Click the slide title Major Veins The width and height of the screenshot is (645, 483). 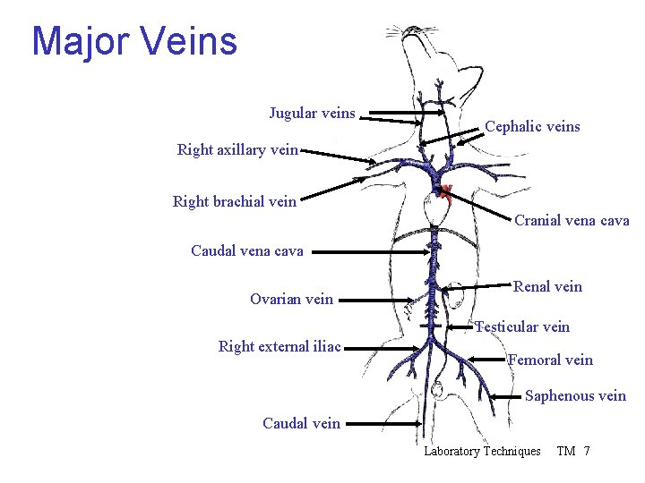click(134, 41)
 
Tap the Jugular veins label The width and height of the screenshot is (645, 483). click(312, 114)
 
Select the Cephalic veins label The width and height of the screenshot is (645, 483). click(532, 127)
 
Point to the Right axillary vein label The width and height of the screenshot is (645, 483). click(237, 150)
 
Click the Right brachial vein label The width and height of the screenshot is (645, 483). click(234, 202)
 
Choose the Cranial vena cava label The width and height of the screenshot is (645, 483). click(572, 221)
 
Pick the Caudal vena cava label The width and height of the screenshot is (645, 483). click(247, 251)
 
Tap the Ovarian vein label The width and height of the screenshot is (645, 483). click(291, 300)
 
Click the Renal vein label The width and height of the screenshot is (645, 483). click(547, 287)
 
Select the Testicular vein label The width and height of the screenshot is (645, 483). click(522, 327)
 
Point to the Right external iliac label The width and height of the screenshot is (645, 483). click(279, 347)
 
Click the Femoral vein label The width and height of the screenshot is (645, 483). click(550, 360)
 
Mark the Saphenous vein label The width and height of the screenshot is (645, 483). click(575, 396)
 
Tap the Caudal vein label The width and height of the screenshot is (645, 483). click(301, 424)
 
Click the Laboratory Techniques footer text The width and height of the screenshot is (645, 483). click(482, 452)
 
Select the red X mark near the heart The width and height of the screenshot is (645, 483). click(445, 191)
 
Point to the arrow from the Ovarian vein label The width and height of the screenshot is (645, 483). click(381, 300)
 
